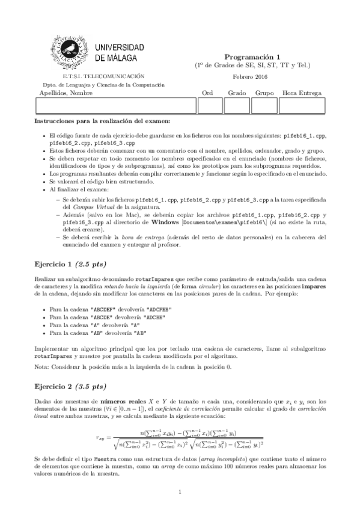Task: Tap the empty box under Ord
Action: pos(210,106)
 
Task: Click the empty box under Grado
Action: pos(237,106)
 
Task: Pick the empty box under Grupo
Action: pos(263,106)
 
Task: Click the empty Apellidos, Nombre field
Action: pos(116,106)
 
